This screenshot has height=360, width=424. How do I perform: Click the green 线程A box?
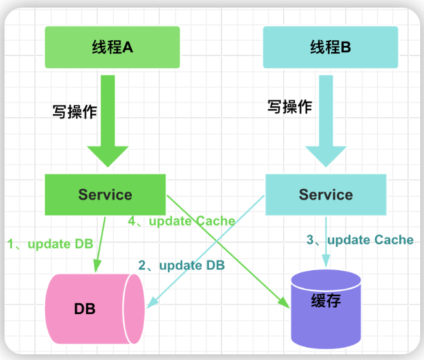pos(112,47)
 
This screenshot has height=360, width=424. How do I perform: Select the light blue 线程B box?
pos(330,47)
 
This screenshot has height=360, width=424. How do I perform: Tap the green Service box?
pos(105,194)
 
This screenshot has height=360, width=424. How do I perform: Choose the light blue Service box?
pos(326,194)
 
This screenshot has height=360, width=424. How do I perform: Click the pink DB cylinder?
pos(95,309)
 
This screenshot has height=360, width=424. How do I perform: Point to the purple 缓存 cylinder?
pos(326,309)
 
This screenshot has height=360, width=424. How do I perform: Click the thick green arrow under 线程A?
pos(108,121)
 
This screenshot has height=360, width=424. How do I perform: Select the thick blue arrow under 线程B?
pos(326,121)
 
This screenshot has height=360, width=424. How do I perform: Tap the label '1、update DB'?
pos(50,244)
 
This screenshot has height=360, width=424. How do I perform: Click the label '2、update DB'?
pos(181,265)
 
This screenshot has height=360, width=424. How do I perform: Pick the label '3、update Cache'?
pos(360,240)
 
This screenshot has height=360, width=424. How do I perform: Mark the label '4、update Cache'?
pos(181,221)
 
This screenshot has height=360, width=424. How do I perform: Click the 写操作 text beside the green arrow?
pos(74,112)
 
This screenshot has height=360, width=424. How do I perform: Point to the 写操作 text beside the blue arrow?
pos(290,106)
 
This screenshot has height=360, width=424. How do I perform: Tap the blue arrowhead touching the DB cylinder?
pos(152,303)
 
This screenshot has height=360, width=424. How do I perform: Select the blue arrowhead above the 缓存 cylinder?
pos(326,261)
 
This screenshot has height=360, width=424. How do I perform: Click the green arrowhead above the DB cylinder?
pos(97,266)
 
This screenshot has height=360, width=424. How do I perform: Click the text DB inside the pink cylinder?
pos(85,309)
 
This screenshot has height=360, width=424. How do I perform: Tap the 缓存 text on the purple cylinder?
pos(326,301)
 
